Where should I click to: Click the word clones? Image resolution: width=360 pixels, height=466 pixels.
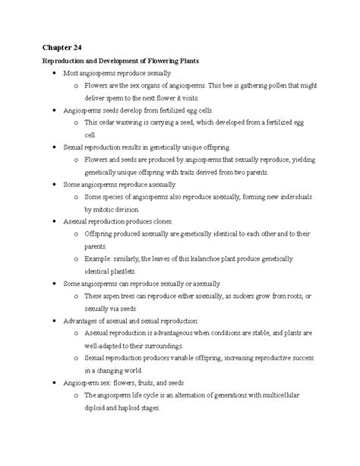click(162, 221)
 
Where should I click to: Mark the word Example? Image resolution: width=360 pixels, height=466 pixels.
click(99, 258)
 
